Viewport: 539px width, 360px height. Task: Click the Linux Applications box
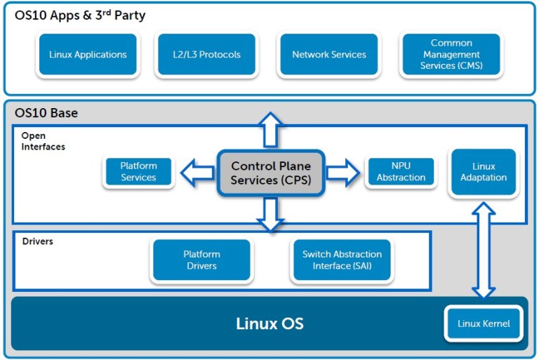pyautogui.click(x=88, y=55)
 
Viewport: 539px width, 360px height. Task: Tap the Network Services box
pyautogui.click(x=328, y=55)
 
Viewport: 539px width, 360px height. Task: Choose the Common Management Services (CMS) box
pyautogui.click(x=451, y=55)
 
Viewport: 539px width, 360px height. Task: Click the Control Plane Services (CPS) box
pyautogui.click(x=270, y=173)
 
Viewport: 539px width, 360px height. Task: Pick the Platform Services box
pyautogui.click(x=138, y=172)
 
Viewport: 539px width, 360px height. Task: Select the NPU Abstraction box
pyautogui.click(x=401, y=172)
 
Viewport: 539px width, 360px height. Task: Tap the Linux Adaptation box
pyautogui.click(x=484, y=172)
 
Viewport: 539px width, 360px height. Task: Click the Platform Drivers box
pyautogui.click(x=201, y=260)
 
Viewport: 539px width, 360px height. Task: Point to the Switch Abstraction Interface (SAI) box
pyautogui.click(x=342, y=260)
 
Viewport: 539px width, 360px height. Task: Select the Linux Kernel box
pyautogui.click(x=484, y=324)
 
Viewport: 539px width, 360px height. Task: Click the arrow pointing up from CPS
pyautogui.click(x=270, y=129)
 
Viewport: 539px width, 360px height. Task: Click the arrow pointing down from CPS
pyautogui.click(x=270, y=214)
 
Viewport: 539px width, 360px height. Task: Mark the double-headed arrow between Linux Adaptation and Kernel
pyautogui.click(x=484, y=249)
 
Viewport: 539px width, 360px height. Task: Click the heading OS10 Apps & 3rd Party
pyautogui.click(x=80, y=15)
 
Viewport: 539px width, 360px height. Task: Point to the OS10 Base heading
pyautogui.click(x=46, y=113)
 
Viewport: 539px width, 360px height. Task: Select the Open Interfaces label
pyautogui.click(x=43, y=141)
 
